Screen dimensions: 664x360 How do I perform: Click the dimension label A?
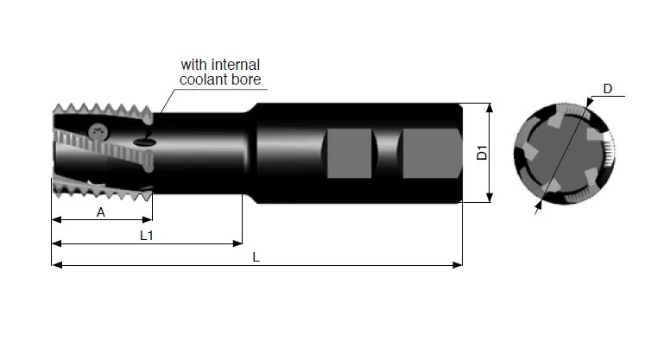pyautogui.click(x=101, y=212)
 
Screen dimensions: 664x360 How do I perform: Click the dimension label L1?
pyautogui.click(x=147, y=236)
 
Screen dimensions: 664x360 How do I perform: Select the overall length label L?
pyautogui.click(x=256, y=257)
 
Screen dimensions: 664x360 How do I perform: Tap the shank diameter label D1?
pyautogui.click(x=482, y=153)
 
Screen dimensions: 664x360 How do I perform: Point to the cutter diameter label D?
pyautogui.click(x=608, y=89)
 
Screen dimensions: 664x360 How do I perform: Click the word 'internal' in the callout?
pyautogui.click(x=236, y=65)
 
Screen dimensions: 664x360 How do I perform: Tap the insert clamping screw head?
pyautogui.click(x=98, y=133)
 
